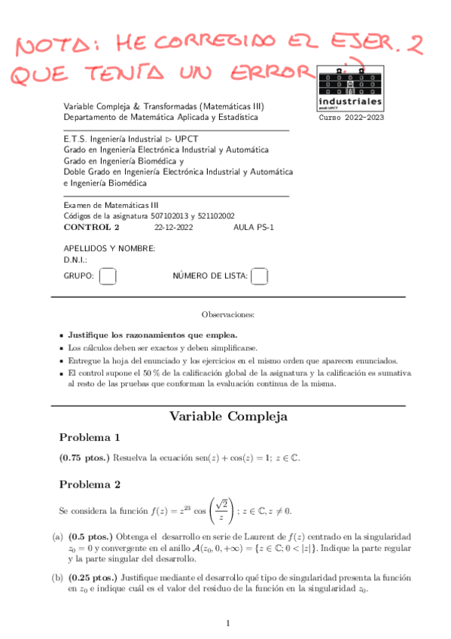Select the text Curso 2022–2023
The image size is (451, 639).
(351, 118)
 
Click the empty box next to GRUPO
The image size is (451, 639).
(108, 277)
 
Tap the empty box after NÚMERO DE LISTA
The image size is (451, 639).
(260, 277)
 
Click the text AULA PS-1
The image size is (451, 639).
(254, 226)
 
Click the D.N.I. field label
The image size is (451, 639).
(76, 260)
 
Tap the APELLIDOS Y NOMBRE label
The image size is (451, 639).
(109, 249)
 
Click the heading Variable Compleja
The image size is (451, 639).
(228, 416)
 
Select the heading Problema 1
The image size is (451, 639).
(90, 437)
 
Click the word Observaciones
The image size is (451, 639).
(228, 313)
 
